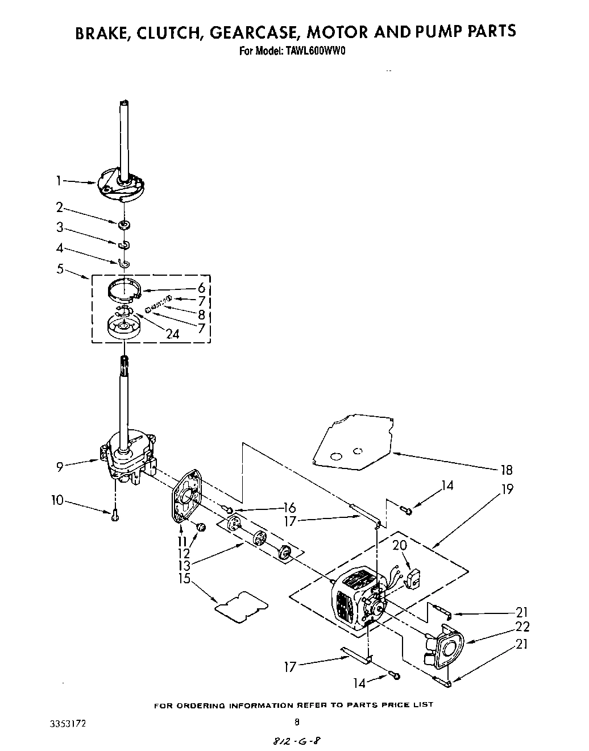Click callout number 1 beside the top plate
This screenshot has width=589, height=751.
click(59, 181)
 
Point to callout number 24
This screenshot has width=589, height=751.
click(172, 334)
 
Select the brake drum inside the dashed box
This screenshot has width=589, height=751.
click(124, 329)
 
